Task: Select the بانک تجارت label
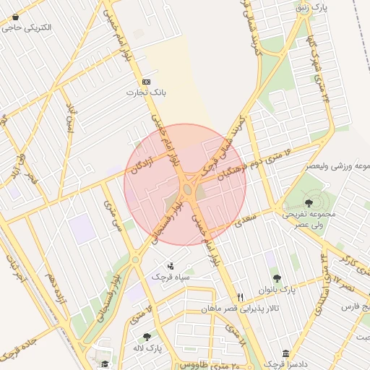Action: tap(147, 92)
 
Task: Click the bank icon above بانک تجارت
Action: tap(147, 82)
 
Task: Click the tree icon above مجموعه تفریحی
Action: tap(310, 203)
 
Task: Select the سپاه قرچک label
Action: tap(171, 277)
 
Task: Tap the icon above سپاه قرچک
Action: tap(171, 266)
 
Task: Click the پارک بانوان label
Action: tap(277, 290)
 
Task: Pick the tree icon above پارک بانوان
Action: tap(277, 278)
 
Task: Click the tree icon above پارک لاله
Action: tap(147, 337)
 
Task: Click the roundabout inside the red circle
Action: tap(187, 189)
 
